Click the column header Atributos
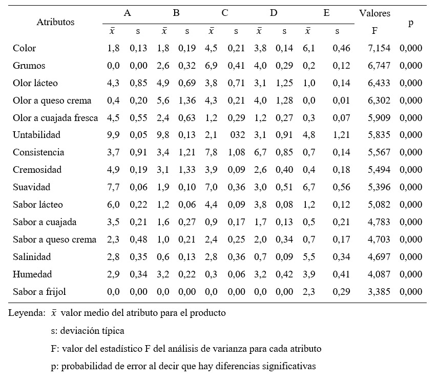pos(55,22)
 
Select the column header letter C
pos(224,13)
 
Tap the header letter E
pos(326,13)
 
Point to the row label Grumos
pos(29,66)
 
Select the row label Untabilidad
pos(37,135)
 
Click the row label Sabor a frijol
pos(39,291)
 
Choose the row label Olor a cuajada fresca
pos(55,117)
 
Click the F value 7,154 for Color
pos(379,48)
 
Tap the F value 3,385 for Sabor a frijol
pos(379,291)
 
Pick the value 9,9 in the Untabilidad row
pos(113,135)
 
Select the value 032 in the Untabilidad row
pos(236,135)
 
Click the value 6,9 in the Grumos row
pos(212,66)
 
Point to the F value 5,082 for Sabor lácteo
pos(379,204)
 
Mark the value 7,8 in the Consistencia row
pos(212,152)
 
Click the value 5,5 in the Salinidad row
pos(309,256)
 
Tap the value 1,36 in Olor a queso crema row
pos(187,100)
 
